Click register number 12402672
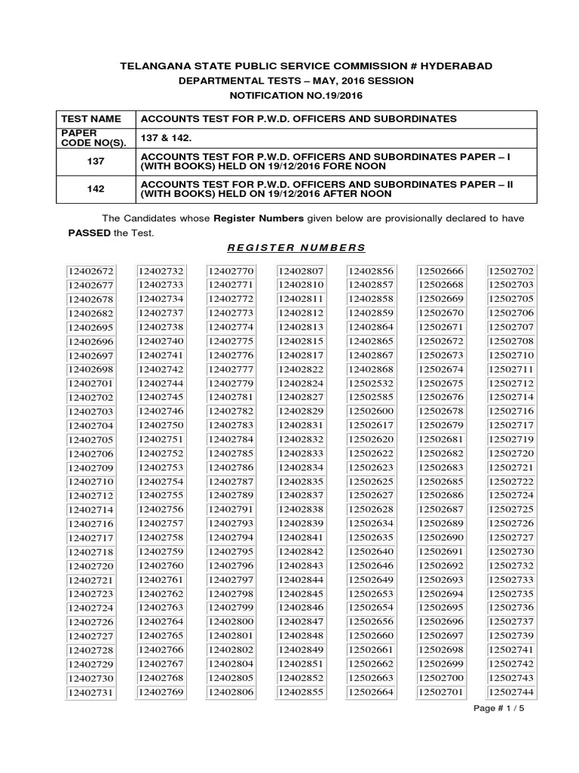coord(90,271)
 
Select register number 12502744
coord(511,691)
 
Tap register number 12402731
coord(90,692)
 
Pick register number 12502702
coord(511,271)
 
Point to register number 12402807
coord(301,271)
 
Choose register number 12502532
coord(371,383)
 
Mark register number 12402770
coord(231,271)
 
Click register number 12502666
coord(441,271)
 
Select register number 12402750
coord(161,425)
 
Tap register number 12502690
coord(441,537)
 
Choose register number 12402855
coord(301,691)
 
